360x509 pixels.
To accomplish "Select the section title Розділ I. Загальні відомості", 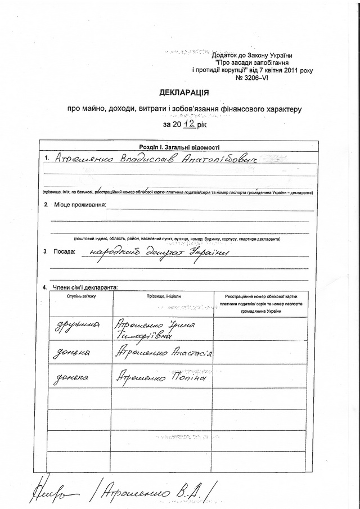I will coord(179,147).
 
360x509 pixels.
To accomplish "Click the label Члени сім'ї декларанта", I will coord(84,287).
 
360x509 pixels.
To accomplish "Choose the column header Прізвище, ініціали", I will coord(164,296).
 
